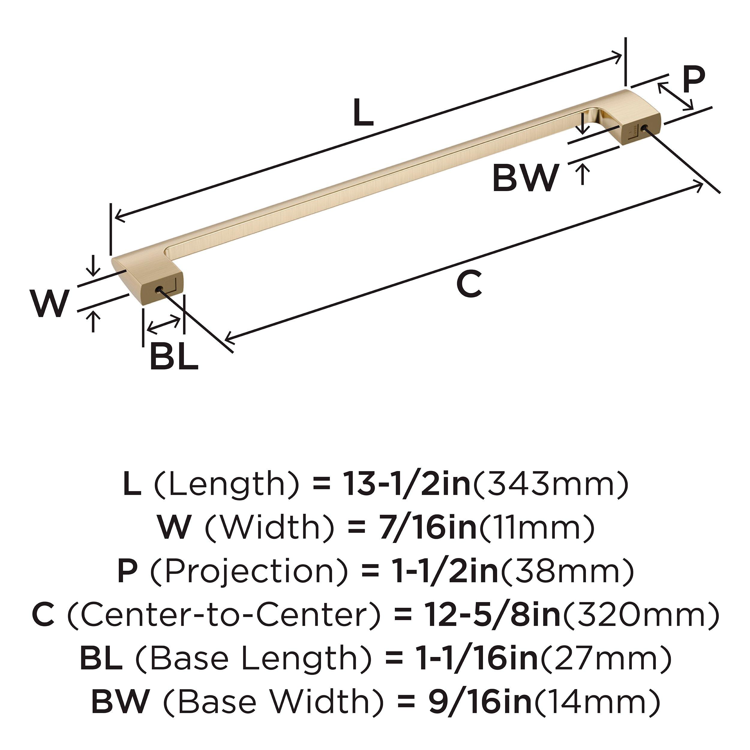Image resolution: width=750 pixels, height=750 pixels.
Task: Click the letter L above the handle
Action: pyautogui.click(x=363, y=112)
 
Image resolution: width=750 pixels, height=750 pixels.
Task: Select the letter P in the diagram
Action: pyautogui.click(x=693, y=80)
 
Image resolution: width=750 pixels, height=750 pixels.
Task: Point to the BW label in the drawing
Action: pyautogui.click(x=526, y=178)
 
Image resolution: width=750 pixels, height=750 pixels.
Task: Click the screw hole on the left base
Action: pyautogui.click(x=159, y=289)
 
